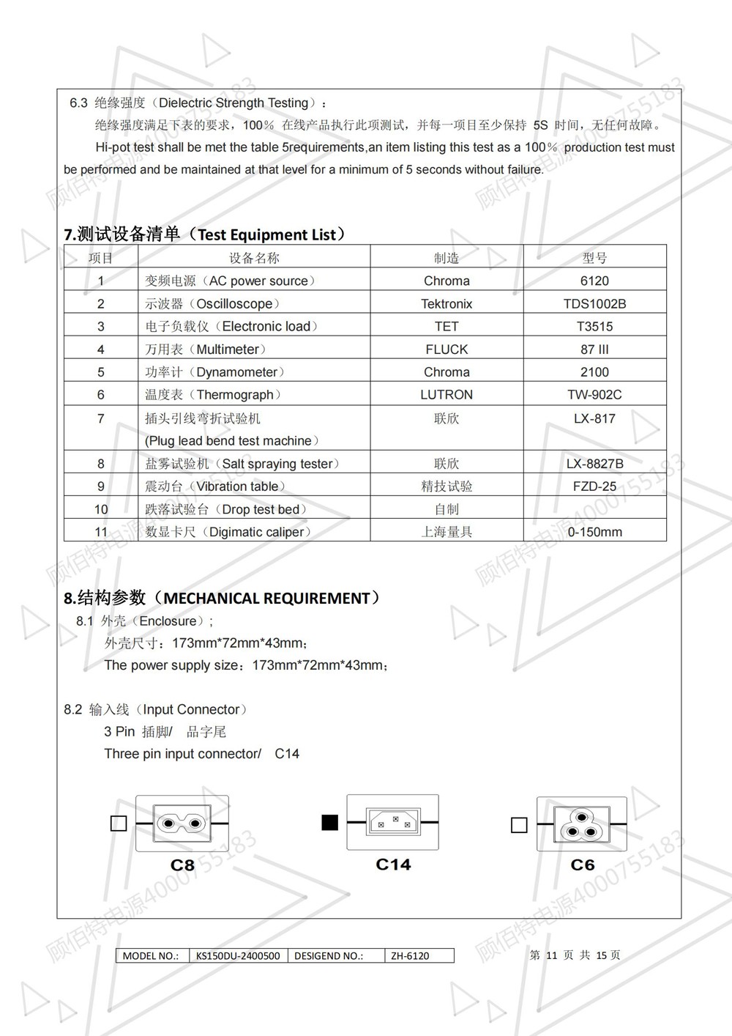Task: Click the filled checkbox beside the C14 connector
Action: click(330, 823)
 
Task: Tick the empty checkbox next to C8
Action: click(118, 824)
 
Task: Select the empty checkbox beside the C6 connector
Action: click(519, 825)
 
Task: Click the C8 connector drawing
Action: click(182, 824)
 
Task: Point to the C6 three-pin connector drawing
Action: click(582, 824)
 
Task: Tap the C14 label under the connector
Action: click(393, 865)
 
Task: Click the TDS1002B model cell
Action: click(594, 303)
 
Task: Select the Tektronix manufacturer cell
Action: click(447, 303)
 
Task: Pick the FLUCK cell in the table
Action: click(447, 349)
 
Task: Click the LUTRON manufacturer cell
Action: click(447, 395)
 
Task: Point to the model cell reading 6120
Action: click(594, 281)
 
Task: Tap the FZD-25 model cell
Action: click(594, 486)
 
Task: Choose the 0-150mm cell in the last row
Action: click(594, 532)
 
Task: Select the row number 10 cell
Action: click(101, 509)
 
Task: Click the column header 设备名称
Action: click(254, 258)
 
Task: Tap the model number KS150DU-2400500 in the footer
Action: click(238, 955)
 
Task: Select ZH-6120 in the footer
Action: click(410, 955)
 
